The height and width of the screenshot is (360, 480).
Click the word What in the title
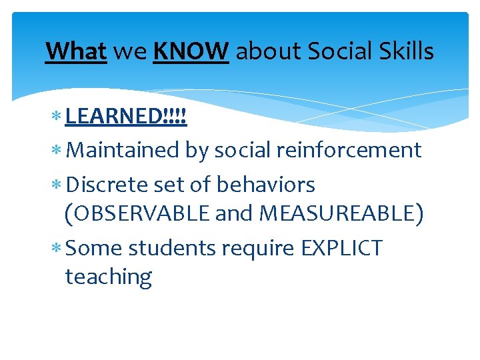point(76,51)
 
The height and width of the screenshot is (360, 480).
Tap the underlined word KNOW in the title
point(191,51)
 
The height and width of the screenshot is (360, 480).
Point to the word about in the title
point(263,51)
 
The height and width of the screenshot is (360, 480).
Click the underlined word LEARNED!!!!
point(126,117)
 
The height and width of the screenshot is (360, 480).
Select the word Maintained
point(123,150)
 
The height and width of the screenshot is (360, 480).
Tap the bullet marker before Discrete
point(57,185)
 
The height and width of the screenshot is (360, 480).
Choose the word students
point(172,248)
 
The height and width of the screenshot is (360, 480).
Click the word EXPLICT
point(342,248)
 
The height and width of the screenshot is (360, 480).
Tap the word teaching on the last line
point(109,276)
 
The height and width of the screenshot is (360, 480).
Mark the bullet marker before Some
point(57,249)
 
